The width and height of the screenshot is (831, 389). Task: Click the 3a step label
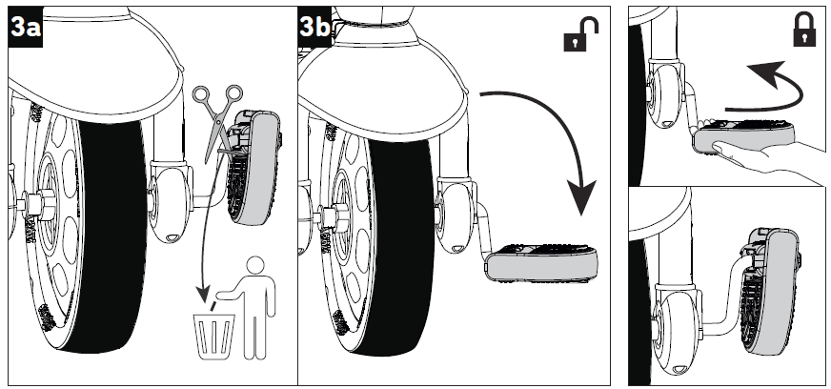click(25, 28)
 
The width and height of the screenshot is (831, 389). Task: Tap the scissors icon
click(216, 113)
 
